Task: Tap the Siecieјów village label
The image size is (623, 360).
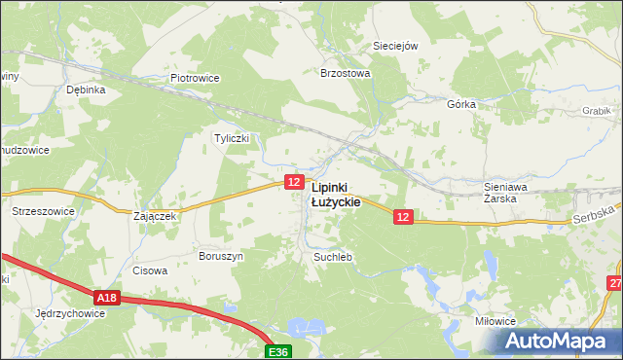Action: point(395,46)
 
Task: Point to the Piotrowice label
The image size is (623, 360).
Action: point(196,78)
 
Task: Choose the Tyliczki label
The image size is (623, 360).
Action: point(232,138)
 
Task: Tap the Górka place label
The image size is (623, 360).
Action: point(460,103)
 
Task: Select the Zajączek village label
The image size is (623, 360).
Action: point(153,216)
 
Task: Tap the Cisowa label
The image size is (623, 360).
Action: point(150,271)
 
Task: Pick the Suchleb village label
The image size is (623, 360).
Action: point(332,257)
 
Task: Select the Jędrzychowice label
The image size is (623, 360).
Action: point(68,314)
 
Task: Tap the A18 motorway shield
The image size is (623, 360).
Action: point(107,298)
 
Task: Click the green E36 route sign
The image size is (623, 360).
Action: point(279,351)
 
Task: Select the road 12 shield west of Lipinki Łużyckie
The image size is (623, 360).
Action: point(294,182)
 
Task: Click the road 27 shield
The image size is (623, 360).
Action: point(614,283)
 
